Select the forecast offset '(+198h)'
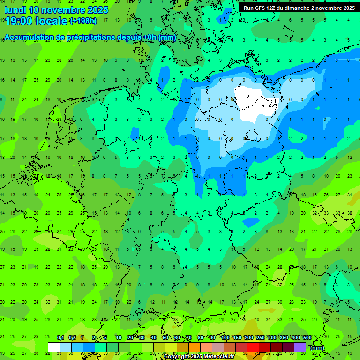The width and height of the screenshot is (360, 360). tap(83, 21)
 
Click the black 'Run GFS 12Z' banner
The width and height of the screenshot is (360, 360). tap(299, 8)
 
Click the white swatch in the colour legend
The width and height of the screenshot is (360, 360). tap(54, 347)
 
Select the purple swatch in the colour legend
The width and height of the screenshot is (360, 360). tap(300, 347)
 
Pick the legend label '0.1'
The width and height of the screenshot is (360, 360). tap(60, 338)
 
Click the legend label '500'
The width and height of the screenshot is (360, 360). tap(307, 338)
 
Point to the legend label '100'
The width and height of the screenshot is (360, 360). tap(225, 338)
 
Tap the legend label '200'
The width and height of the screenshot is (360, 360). tap(248, 338)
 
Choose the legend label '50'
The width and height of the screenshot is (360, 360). tap(165, 338)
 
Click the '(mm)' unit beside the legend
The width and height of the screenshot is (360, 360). tap(317, 348)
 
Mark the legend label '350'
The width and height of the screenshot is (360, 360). tap(284, 338)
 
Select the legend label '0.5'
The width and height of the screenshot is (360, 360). tap(72, 338)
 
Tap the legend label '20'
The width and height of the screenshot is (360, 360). tap(130, 338)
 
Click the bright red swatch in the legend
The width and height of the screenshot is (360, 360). tap(253, 347)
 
